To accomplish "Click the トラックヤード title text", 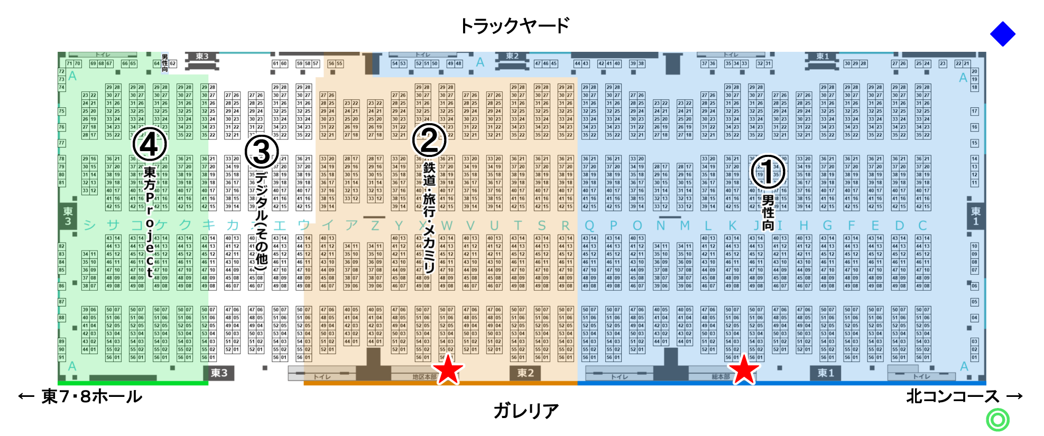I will coord(514,25).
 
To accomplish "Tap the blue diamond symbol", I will coord(1002,34).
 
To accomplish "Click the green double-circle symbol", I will coord(997,420).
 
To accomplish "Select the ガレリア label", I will coord(526,410).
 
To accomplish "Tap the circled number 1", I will coord(768,171).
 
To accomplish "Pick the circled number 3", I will coord(262,152).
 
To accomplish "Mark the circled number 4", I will coord(150,144).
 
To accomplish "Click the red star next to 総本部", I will coord(744,369).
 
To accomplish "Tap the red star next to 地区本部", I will coord(448,369).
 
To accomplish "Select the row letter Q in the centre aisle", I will coord(589,226).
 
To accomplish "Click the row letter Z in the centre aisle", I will coord(375,226).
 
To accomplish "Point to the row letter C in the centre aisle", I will coord(922,226).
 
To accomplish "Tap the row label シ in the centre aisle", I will coord(89,226).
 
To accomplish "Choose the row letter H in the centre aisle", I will coord(803,226).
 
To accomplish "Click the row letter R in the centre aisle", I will coord(565,226).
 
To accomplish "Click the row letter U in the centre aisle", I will coord(494,226).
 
